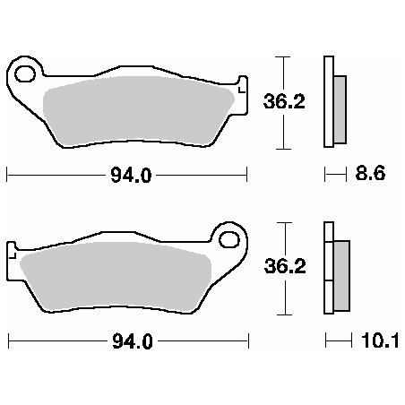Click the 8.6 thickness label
click(x=371, y=176)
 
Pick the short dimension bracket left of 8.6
click(x=335, y=176)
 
